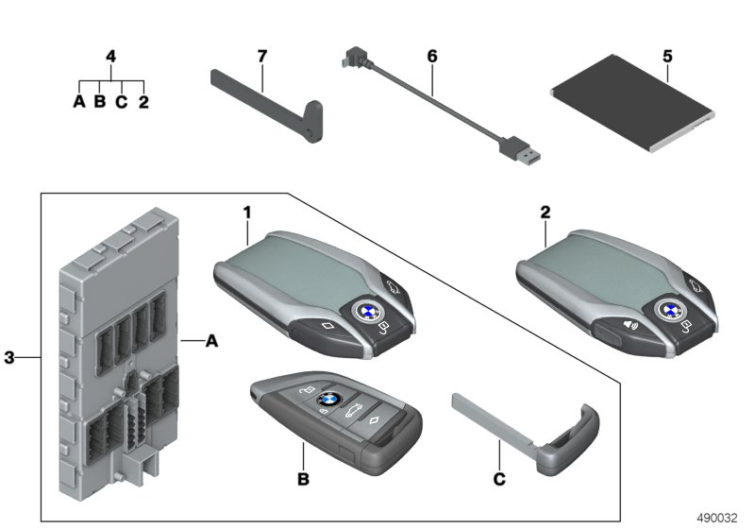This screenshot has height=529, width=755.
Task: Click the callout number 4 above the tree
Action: click(110, 57)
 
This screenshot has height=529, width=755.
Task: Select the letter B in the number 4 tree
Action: click(99, 101)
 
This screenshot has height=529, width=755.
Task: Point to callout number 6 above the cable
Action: click(432, 57)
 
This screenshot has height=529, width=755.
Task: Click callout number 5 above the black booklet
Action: click(667, 57)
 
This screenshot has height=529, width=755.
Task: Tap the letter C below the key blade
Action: click(499, 480)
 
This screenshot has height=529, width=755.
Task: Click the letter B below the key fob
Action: click(303, 480)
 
